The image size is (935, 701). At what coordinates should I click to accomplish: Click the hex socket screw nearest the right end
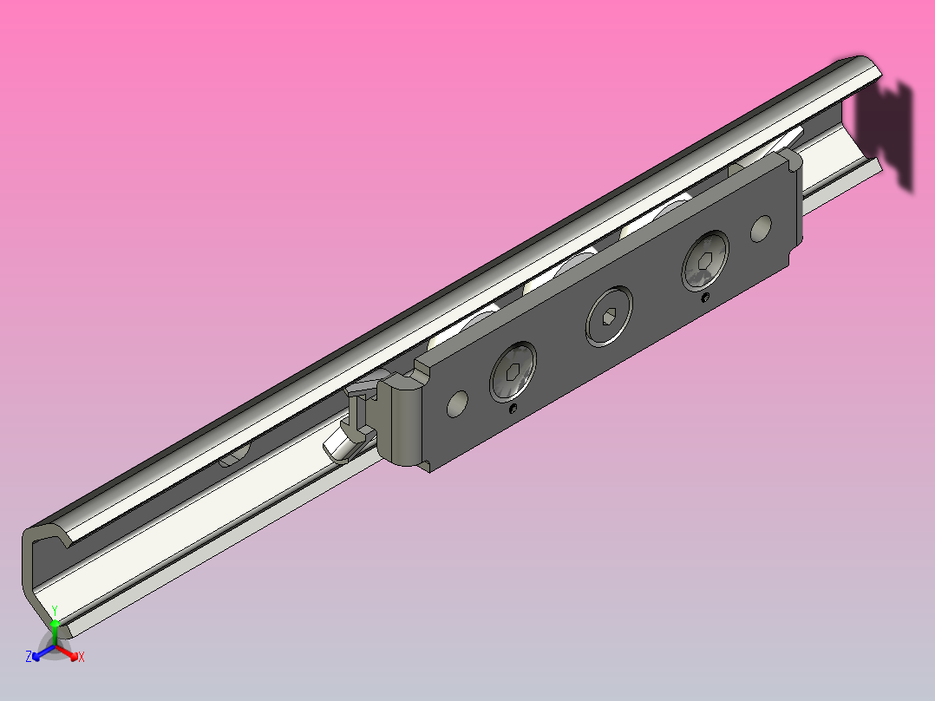(705, 259)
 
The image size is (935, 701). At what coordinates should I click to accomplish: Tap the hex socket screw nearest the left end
(513, 373)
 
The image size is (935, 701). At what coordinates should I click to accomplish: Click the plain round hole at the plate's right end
(761, 228)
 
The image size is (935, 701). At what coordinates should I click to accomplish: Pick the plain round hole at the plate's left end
(456, 402)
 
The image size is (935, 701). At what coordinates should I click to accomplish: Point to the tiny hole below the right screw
(705, 298)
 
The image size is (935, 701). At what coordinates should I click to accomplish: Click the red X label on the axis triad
(82, 657)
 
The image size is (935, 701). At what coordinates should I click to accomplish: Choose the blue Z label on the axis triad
(29, 657)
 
